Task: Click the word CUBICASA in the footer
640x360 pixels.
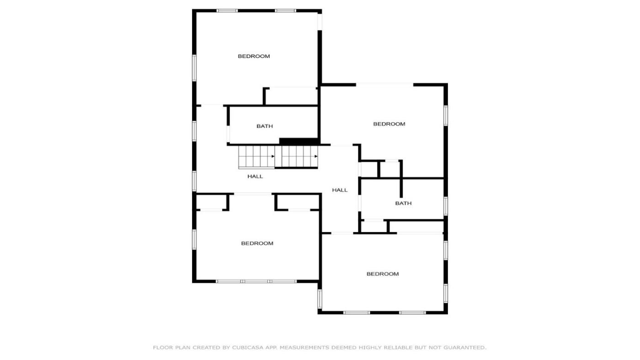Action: [248, 348]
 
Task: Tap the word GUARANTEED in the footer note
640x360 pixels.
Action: [465, 348]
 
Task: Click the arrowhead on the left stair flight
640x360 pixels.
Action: [273, 156]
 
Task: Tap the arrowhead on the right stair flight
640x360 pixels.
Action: [316, 156]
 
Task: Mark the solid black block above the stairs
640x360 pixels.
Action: [299, 141]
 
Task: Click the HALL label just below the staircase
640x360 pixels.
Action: [255, 176]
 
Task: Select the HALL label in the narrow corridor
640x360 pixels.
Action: [340, 190]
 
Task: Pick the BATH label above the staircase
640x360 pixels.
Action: [265, 126]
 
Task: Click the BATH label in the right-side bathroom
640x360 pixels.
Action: [403, 203]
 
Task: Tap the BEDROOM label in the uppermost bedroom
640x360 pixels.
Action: [254, 56]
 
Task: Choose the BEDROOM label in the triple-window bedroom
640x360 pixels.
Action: [257, 243]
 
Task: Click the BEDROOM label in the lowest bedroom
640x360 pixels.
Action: [383, 274]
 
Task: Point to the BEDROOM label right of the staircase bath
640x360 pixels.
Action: [389, 124]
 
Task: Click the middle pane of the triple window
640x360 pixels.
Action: [256, 281]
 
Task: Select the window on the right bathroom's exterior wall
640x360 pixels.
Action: [445, 206]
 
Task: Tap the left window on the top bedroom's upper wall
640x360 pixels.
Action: [227, 11]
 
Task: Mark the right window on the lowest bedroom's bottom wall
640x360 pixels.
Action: [412, 312]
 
